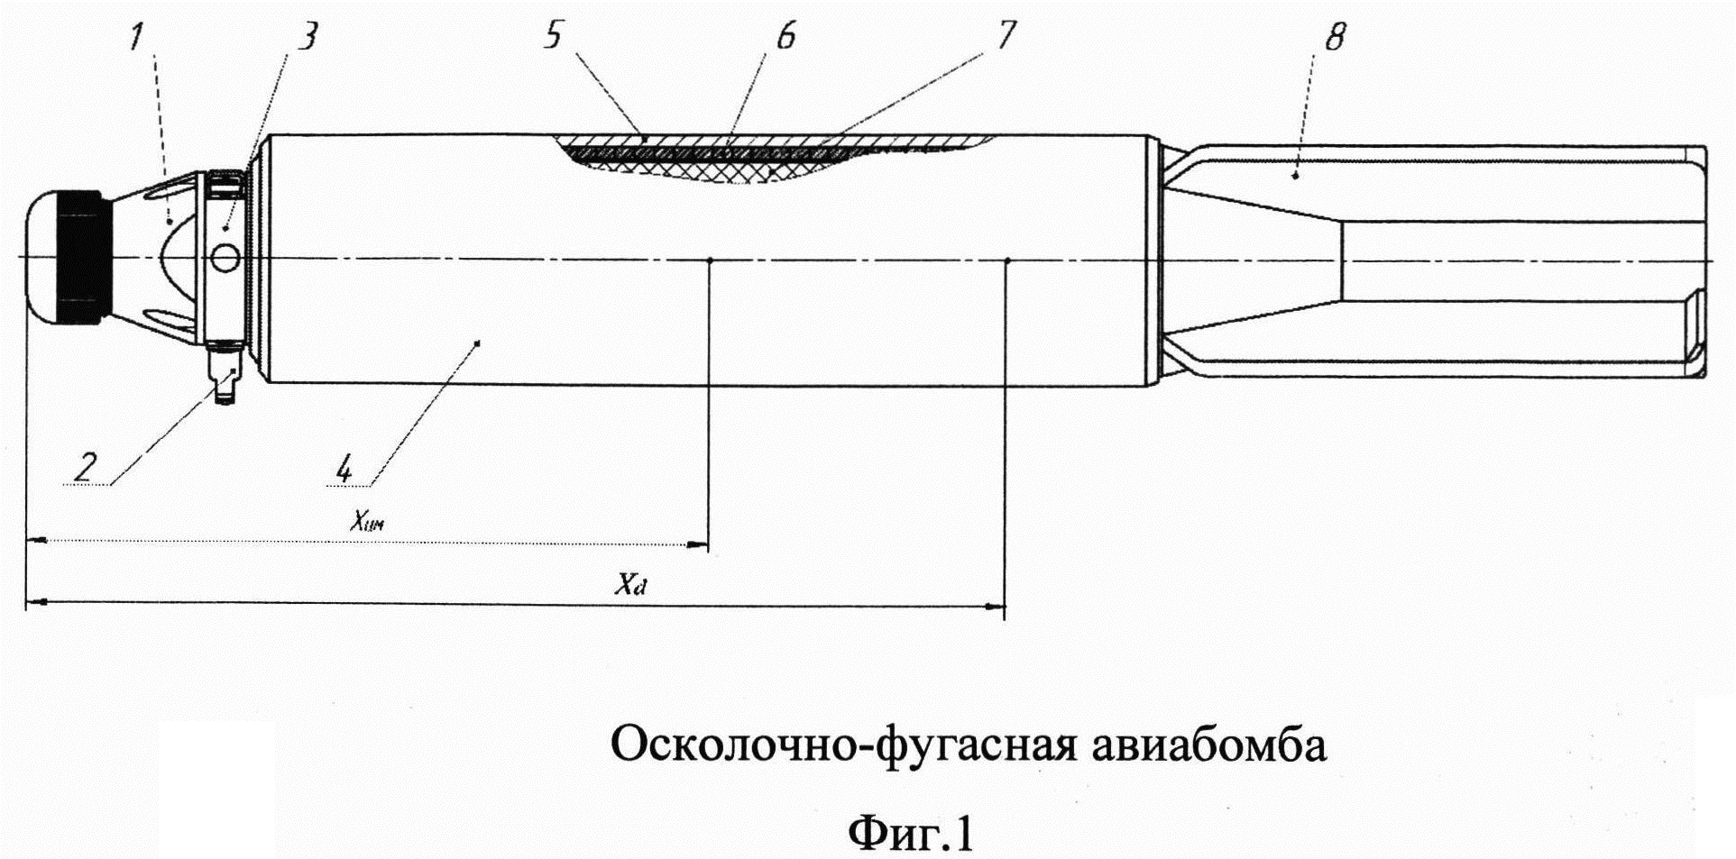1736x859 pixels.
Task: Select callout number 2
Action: (x=84, y=467)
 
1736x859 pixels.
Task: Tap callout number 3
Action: (x=308, y=38)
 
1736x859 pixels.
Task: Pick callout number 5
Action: (x=553, y=35)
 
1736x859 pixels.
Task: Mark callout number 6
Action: (x=785, y=36)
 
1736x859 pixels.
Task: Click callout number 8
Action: (x=1335, y=37)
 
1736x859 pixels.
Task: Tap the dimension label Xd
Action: (x=630, y=585)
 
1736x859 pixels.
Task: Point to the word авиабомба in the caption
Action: (x=1209, y=745)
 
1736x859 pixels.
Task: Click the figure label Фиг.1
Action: (x=911, y=833)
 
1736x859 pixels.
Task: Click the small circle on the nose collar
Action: (x=225, y=260)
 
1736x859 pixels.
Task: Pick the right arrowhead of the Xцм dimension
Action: (x=698, y=544)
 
